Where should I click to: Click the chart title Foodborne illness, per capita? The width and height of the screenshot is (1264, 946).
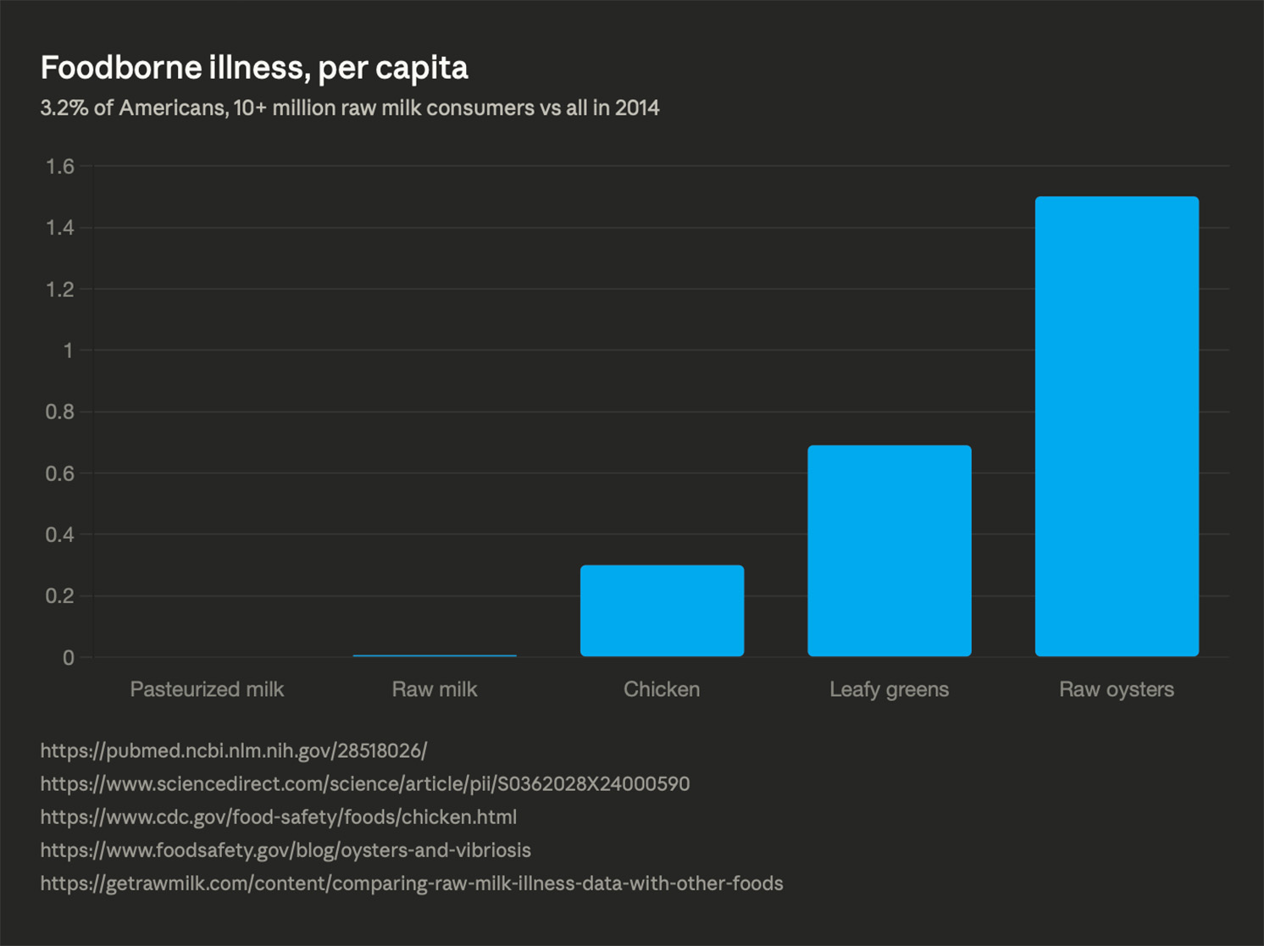pyautogui.click(x=254, y=68)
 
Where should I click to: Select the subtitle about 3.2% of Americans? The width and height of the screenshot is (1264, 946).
pyautogui.click(x=349, y=108)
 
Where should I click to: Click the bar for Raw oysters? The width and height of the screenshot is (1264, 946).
pyautogui.click(x=1117, y=426)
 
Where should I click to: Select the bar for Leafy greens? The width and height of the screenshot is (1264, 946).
pyautogui.click(x=889, y=550)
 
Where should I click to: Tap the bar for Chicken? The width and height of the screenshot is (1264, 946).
pyautogui.click(x=662, y=611)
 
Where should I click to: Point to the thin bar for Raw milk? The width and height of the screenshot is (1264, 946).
pyautogui.click(x=435, y=656)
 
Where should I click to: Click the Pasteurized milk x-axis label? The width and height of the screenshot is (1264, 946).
pyautogui.click(x=207, y=689)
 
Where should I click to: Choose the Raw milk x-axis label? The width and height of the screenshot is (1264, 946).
pyautogui.click(x=435, y=689)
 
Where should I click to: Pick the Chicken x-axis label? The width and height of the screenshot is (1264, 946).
pyautogui.click(x=662, y=689)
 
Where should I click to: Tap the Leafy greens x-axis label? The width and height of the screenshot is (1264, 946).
pyautogui.click(x=889, y=689)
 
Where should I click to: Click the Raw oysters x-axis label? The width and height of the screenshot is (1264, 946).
pyautogui.click(x=1117, y=689)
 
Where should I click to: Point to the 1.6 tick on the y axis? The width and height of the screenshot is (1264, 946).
pyautogui.click(x=60, y=167)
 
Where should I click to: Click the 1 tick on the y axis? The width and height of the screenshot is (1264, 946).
pyautogui.click(x=68, y=351)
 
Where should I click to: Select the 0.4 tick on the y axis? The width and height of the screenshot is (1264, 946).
pyautogui.click(x=60, y=535)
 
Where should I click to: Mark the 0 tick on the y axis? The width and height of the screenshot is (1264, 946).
pyautogui.click(x=68, y=658)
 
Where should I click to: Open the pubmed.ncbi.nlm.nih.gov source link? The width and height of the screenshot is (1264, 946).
pyautogui.click(x=234, y=750)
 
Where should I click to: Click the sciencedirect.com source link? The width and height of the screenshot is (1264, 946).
pyautogui.click(x=364, y=784)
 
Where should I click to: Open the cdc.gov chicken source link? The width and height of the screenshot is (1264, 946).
pyautogui.click(x=278, y=817)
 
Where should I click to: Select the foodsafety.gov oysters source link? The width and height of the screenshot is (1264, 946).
pyautogui.click(x=286, y=850)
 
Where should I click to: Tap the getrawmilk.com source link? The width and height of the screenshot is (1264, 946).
pyautogui.click(x=412, y=883)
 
